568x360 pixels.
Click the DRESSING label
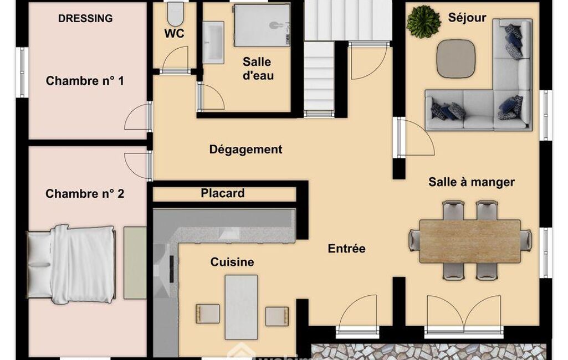pyautogui.click(x=85, y=18)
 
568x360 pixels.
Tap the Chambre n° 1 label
pyautogui.click(x=85, y=80)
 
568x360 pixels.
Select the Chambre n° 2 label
pyautogui.click(x=85, y=194)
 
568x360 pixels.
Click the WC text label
pyautogui.click(x=174, y=33)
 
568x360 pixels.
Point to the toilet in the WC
pyautogui.click(x=176, y=14)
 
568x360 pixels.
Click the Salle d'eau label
pyautogui.click(x=258, y=69)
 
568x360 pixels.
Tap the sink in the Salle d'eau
pyautogui.click(x=213, y=43)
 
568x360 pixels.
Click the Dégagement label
pyautogui.click(x=245, y=149)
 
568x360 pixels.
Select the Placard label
pyautogui.click(x=222, y=193)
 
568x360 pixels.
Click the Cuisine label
pyautogui.click(x=232, y=262)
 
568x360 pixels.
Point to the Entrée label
pyautogui.click(x=347, y=249)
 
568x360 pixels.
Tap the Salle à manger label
pyautogui.click(x=471, y=182)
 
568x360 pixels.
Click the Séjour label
pyautogui.click(x=467, y=17)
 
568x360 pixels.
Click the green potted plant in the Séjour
pyautogui.click(x=423, y=22)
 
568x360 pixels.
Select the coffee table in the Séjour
pyautogui.click(x=456, y=58)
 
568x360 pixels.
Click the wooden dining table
pyautogui.click(x=470, y=241)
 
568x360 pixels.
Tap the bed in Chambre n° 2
pyautogui.click(x=71, y=264)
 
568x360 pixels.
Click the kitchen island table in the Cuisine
pyautogui.click(x=241, y=307)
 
